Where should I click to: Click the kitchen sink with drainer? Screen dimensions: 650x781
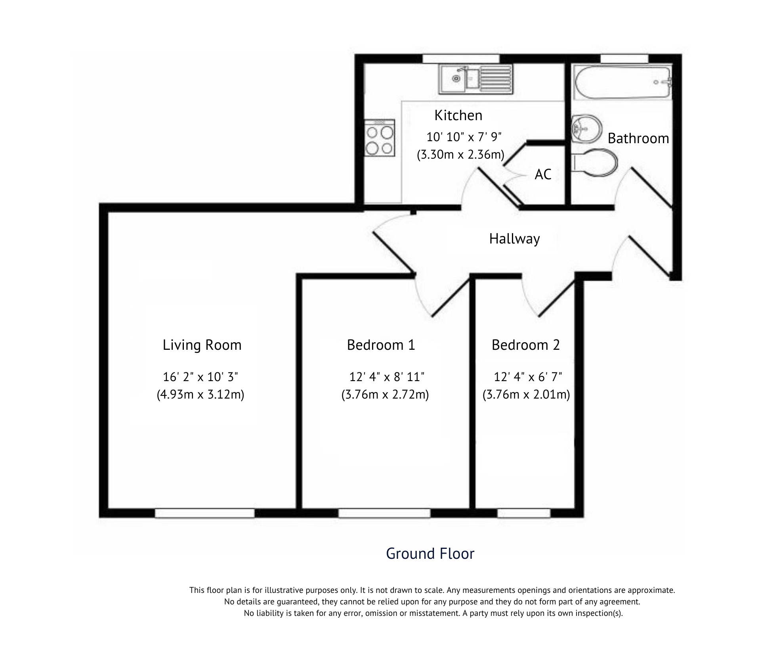[475, 79]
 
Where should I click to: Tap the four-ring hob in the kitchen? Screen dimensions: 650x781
[380, 138]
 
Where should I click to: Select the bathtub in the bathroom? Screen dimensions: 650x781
[622, 82]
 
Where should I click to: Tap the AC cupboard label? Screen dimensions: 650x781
[542, 174]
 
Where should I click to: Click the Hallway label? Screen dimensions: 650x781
[514, 239]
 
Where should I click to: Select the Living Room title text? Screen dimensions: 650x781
[202, 345]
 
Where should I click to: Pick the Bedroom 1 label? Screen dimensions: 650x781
[381, 345]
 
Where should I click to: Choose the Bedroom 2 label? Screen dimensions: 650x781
[525, 345]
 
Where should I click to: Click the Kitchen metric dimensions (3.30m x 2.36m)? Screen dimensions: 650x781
[460, 154]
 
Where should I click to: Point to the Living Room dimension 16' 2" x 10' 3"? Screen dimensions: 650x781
[201, 377]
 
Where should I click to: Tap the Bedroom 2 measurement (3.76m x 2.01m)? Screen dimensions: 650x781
[526, 395]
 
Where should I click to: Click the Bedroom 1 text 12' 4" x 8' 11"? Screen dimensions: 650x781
[387, 377]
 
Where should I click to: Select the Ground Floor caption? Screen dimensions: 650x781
[430, 554]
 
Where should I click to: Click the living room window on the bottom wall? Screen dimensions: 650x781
[204, 513]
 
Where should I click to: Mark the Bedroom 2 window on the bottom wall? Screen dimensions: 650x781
[524, 513]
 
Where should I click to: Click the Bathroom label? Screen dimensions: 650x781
[638, 138]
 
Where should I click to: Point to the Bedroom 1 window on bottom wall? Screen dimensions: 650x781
[384, 513]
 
